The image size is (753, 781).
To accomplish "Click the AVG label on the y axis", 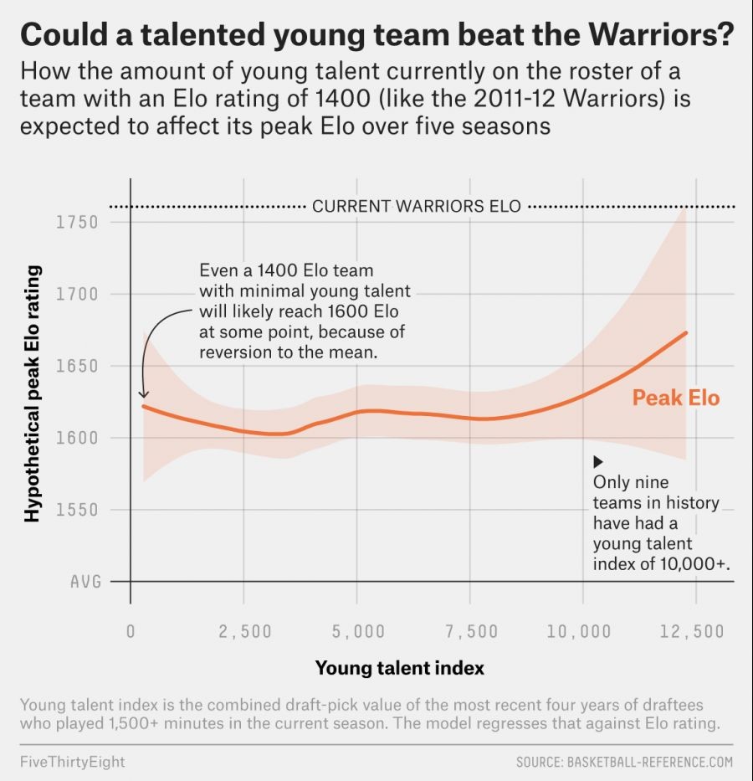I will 85,582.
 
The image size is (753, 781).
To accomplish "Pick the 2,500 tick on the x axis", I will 245,631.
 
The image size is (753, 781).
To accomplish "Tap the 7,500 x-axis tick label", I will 472,631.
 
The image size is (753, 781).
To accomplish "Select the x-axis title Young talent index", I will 400,668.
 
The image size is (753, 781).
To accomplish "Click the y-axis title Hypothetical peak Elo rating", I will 33,393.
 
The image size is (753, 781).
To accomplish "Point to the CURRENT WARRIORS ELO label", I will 417,206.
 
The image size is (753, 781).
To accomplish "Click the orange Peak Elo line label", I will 675,398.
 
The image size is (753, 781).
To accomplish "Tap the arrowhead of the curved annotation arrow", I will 143,394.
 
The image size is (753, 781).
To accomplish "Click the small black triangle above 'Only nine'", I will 597,462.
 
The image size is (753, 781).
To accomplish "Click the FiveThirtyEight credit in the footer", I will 72,762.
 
